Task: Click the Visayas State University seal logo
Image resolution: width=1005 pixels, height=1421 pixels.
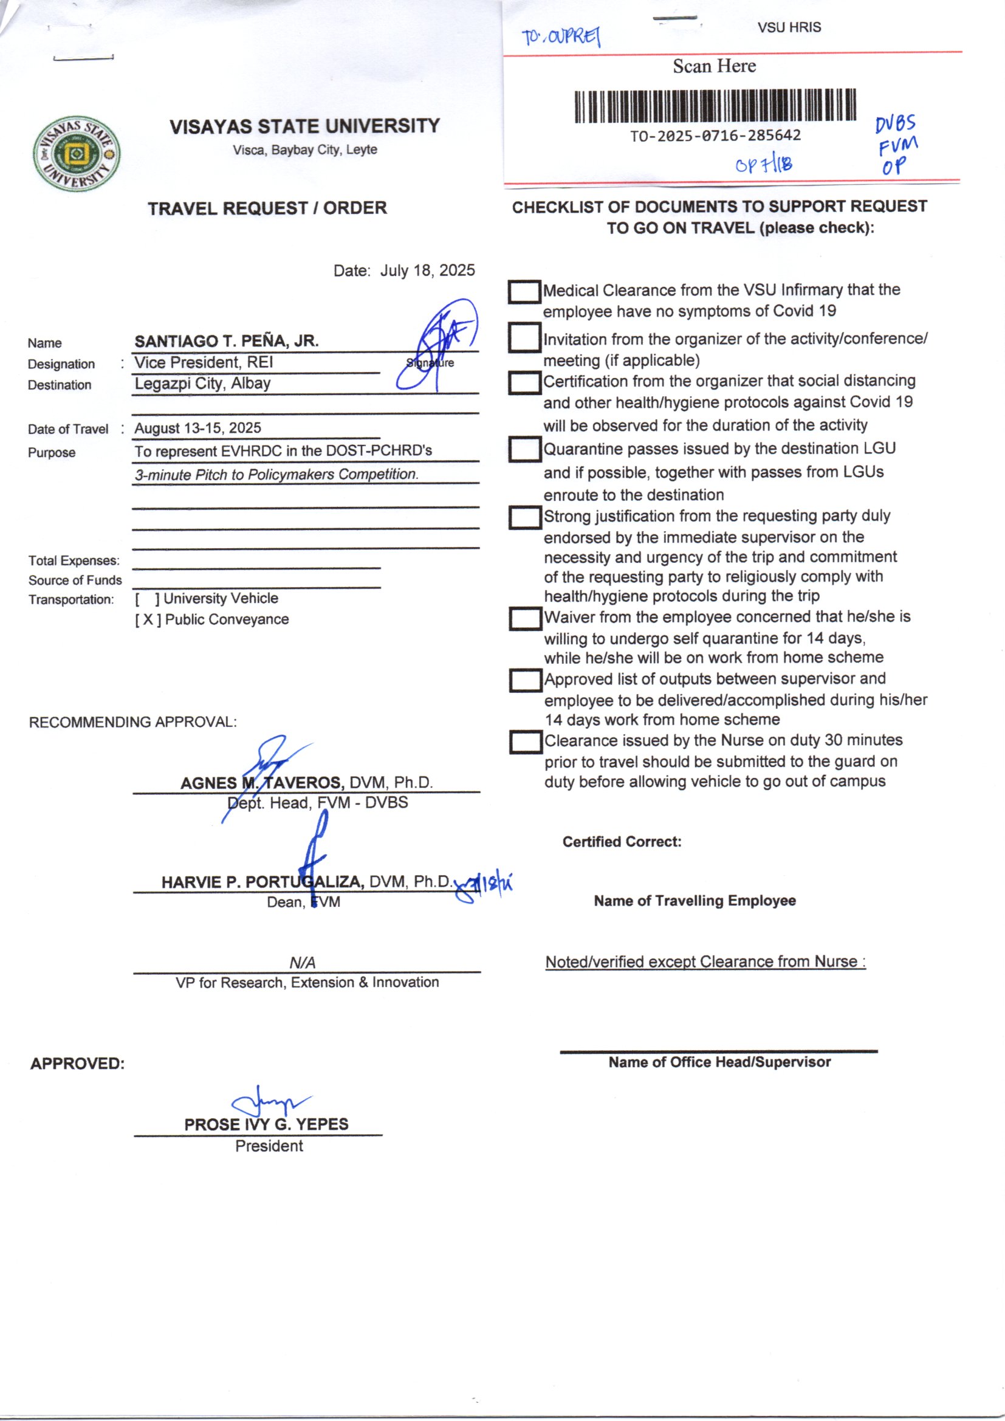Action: point(77,154)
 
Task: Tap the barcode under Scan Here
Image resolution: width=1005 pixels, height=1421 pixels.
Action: point(715,106)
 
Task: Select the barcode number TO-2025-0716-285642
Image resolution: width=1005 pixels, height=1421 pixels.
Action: point(715,136)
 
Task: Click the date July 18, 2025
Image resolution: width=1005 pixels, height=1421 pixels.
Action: point(427,270)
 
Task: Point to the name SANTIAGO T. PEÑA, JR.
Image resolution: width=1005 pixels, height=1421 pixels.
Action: point(227,341)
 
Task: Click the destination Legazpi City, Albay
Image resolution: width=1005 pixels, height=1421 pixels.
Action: point(202,384)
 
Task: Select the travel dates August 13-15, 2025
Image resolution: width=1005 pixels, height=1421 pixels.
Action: point(198,428)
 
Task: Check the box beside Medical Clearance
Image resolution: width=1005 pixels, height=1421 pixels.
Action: point(524,292)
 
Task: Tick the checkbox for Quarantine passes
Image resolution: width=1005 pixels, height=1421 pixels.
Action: point(525,450)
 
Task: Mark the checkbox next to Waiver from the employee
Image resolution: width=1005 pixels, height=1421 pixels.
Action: point(526,619)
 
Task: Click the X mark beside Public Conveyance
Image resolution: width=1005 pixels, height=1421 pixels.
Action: point(148,619)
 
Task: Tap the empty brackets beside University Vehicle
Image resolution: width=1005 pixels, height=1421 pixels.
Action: point(148,599)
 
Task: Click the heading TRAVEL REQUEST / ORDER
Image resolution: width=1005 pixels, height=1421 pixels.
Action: point(267,208)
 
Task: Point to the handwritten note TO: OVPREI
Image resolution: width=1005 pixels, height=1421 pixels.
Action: point(561,37)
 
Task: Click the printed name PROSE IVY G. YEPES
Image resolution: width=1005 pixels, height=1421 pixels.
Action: point(266,1124)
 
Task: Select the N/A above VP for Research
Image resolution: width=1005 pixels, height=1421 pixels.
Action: point(302,963)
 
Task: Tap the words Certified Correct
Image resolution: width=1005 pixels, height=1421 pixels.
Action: point(622,842)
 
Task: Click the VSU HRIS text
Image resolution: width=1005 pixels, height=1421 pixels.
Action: point(789,28)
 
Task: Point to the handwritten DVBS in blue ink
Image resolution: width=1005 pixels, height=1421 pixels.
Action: point(895,124)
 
